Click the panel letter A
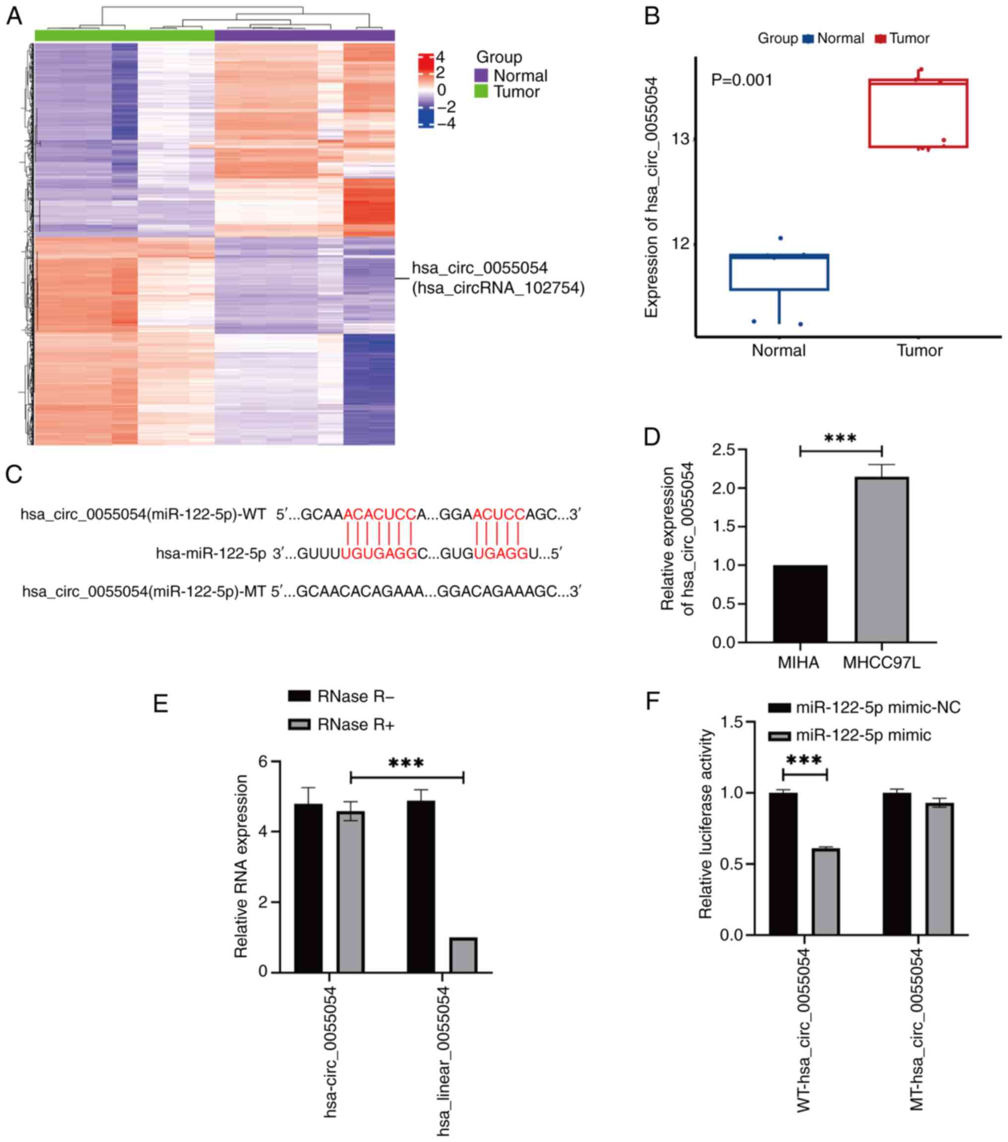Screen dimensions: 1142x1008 coord(14,16)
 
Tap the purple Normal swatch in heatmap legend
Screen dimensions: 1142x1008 coord(481,75)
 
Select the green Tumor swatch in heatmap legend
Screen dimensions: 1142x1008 coord(481,91)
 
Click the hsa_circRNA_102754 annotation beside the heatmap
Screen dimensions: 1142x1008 coord(498,288)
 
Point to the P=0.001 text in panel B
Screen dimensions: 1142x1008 coord(742,80)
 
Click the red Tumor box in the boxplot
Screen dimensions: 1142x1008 coord(918,114)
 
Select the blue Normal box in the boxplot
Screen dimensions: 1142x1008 coord(779,272)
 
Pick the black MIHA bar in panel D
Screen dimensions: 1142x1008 coord(800,603)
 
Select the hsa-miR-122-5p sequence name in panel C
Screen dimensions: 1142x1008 coord(211,554)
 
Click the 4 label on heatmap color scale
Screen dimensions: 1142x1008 coord(441,57)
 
